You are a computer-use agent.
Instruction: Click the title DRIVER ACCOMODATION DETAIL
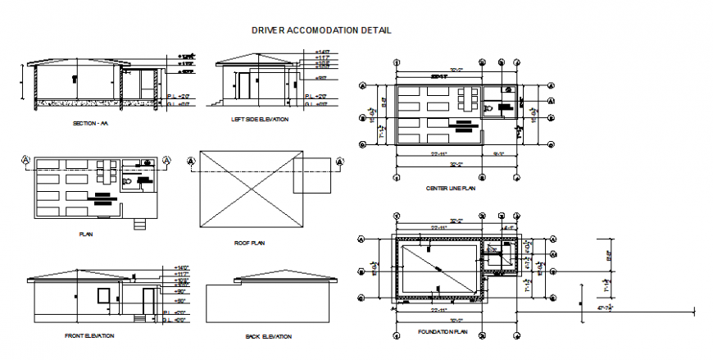320,30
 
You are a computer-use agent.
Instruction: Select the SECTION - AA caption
90,123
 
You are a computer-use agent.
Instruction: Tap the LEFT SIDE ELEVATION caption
259,119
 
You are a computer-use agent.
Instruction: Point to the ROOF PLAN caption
250,244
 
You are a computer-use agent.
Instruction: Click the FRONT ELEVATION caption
89,335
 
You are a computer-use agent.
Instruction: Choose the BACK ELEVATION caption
268,336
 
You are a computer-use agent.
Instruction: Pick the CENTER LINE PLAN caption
451,188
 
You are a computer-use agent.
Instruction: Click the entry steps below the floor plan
139,223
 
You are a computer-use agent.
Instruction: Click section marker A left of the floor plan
26,160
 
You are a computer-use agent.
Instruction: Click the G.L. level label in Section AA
173,105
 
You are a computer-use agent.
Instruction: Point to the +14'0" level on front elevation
183,268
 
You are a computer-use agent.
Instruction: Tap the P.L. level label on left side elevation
309,95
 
